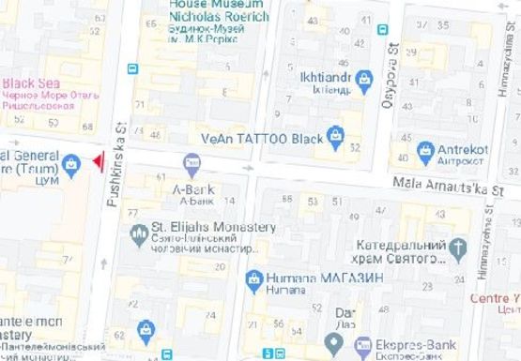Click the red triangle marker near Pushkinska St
97,163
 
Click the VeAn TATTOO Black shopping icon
333,137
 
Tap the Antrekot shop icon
425,149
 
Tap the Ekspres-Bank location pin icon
332,344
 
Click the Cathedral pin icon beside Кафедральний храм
458,248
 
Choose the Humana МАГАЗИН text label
314,278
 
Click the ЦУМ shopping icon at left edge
71,165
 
